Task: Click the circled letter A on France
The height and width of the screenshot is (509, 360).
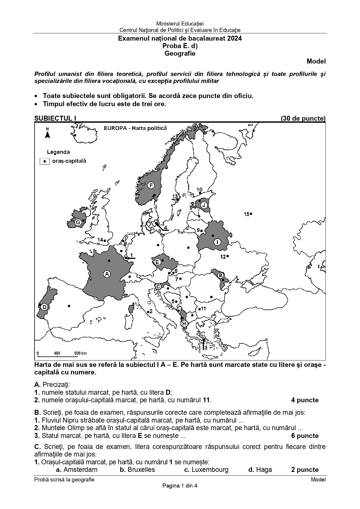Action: click(107, 274)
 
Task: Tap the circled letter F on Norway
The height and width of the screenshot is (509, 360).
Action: click(151, 185)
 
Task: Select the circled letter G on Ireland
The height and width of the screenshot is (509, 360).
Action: click(78, 222)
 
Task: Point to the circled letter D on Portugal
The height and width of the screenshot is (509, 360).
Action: click(44, 307)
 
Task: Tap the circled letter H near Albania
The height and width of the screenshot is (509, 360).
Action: click(184, 324)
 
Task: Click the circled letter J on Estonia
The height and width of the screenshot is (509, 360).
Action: click(204, 205)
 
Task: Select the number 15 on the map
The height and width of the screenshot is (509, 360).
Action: click(247, 214)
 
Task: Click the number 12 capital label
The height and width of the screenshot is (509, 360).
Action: click(223, 256)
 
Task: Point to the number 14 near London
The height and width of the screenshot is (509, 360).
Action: click(100, 240)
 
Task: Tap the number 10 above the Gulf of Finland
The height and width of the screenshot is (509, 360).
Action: click(200, 190)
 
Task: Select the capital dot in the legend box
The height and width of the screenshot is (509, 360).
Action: click(45, 161)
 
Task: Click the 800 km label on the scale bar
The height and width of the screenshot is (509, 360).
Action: click(80, 353)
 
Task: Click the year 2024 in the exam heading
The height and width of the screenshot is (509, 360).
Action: click(235, 38)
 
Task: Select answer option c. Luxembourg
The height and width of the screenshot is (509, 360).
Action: click(206, 470)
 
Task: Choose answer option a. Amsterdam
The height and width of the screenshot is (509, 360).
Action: click(77, 470)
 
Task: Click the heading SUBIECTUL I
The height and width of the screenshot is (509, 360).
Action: click(55, 118)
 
